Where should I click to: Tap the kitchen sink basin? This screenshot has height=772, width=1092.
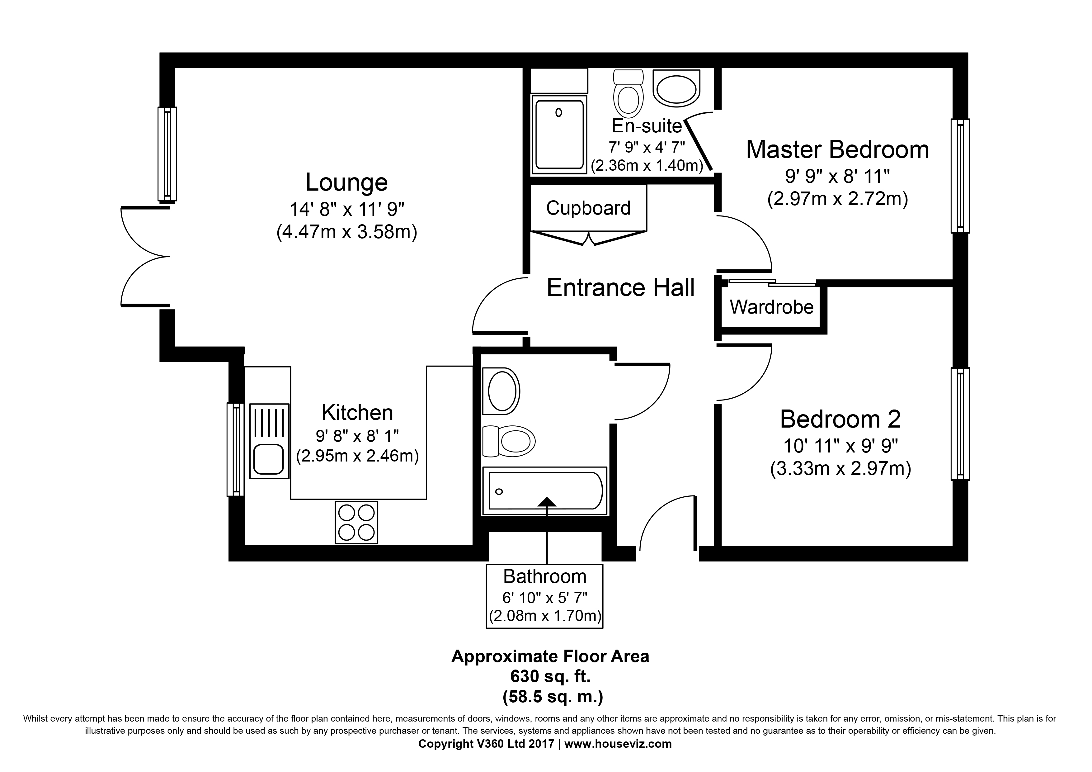click(x=269, y=459)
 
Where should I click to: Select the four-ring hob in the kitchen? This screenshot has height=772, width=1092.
click(x=356, y=522)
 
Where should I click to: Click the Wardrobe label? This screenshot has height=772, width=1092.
click(x=771, y=307)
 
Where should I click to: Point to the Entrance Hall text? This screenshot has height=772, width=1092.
click(x=621, y=288)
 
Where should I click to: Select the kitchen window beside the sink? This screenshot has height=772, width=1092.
click(x=235, y=449)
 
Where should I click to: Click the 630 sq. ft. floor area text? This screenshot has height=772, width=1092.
click(x=550, y=676)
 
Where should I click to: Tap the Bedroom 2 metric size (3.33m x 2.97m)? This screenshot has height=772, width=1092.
click(x=840, y=469)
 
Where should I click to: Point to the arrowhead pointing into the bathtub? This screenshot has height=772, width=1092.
click(x=547, y=501)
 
